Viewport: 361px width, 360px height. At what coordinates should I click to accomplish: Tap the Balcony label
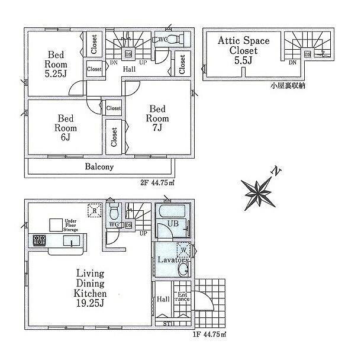(99, 167)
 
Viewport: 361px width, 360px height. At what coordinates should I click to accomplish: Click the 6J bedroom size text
(63, 138)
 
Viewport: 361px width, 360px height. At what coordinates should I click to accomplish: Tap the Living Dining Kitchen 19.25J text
(90, 293)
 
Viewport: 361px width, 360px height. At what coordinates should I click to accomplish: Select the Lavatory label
(172, 260)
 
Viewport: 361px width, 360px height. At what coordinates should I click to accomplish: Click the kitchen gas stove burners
(39, 240)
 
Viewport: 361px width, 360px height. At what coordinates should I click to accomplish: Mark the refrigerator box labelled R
(94, 210)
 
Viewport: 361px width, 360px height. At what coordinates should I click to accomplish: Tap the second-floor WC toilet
(180, 40)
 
